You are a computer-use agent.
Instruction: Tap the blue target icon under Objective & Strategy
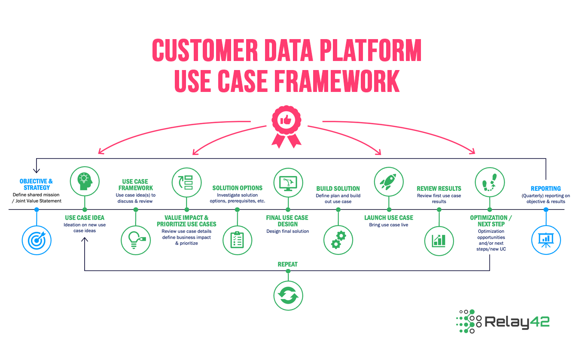tap(37, 240)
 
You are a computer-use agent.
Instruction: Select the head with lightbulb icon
tap(85, 181)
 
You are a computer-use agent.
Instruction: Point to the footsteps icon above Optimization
tap(490, 182)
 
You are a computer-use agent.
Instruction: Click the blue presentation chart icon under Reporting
tap(546, 240)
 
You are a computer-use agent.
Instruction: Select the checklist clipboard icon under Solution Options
tap(237, 240)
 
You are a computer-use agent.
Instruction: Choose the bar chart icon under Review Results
tap(439, 240)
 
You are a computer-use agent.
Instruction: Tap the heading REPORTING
tap(546, 189)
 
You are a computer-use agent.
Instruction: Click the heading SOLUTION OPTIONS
tap(237, 188)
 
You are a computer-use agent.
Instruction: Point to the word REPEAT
tap(288, 265)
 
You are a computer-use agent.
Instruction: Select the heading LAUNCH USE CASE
tap(389, 218)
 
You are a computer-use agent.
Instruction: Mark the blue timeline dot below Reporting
tap(546, 210)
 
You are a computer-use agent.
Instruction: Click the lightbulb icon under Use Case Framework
tap(136, 240)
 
